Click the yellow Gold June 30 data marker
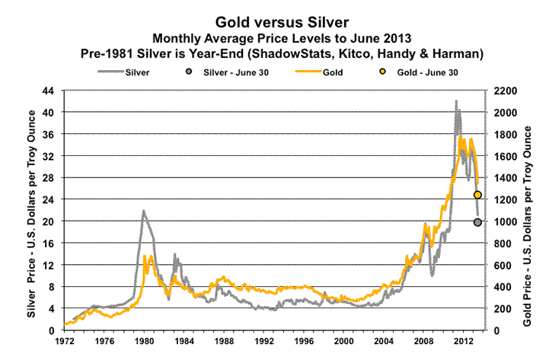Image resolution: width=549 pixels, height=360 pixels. (x=477, y=196)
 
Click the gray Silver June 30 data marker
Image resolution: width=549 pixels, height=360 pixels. (x=477, y=222)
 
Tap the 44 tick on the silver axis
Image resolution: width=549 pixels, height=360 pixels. (x=49, y=91)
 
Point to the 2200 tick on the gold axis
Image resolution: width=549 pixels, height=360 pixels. (x=506, y=91)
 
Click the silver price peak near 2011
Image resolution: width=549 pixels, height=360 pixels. (x=456, y=101)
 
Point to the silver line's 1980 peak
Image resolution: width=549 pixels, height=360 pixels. (x=142, y=211)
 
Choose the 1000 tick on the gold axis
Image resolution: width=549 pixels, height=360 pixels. (x=506, y=221)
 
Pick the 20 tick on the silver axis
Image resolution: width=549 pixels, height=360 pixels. (x=49, y=221)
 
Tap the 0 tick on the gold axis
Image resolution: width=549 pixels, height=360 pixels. (x=500, y=330)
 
